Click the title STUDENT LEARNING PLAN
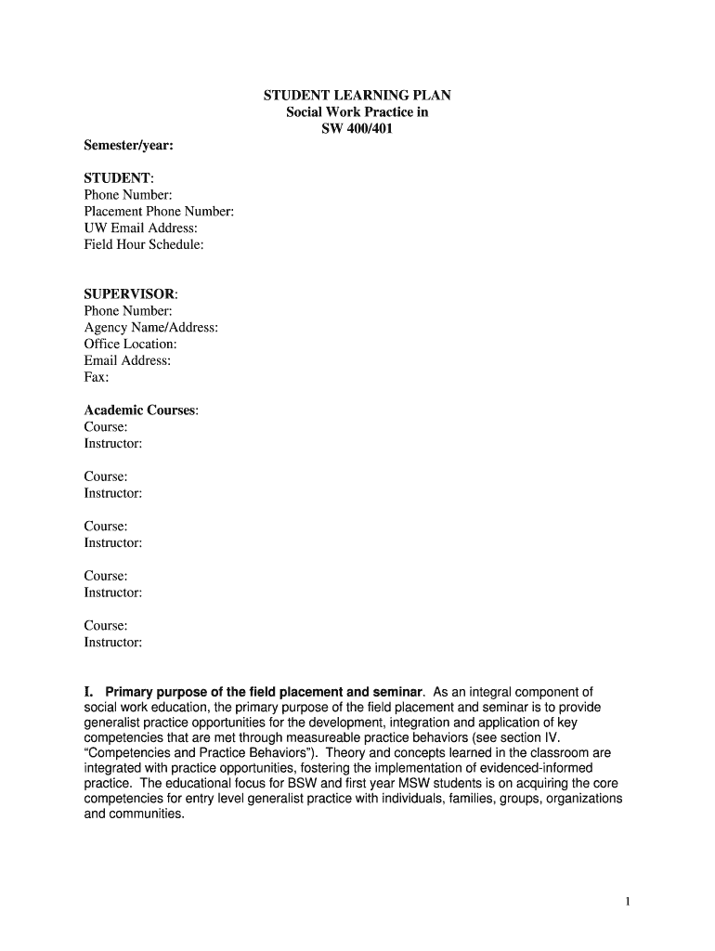pyautogui.click(x=357, y=96)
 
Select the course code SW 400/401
pyautogui.click(x=357, y=129)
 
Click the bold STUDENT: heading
pyautogui.click(x=119, y=178)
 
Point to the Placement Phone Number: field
pyautogui.click(x=159, y=212)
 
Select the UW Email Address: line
pyautogui.click(x=140, y=228)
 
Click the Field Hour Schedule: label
pyautogui.click(x=144, y=245)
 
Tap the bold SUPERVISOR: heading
pyautogui.click(x=130, y=294)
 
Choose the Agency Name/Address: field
pyautogui.click(x=151, y=328)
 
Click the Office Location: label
pyautogui.click(x=130, y=345)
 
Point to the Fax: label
pyautogui.click(x=97, y=378)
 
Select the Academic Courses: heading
pyautogui.click(x=141, y=410)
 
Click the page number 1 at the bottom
pyautogui.click(x=628, y=901)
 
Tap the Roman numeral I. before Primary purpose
pyautogui.click(x=90, y=693)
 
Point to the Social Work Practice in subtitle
pyautogui.click(x=357, y=112)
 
